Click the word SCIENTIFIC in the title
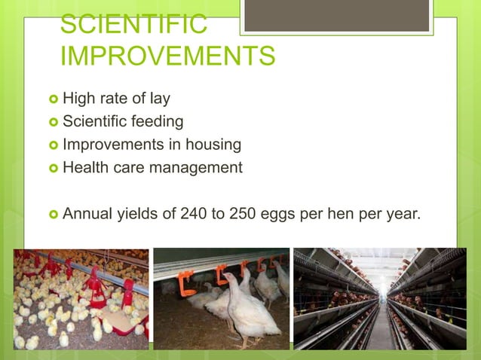point(133,23)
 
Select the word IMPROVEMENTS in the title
point(167,56)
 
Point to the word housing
point(215,144)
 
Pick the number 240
point(194,213)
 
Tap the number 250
point(240,213)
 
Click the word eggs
point(276,215)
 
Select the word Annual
point(87,213)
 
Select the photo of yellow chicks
point(81,299)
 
